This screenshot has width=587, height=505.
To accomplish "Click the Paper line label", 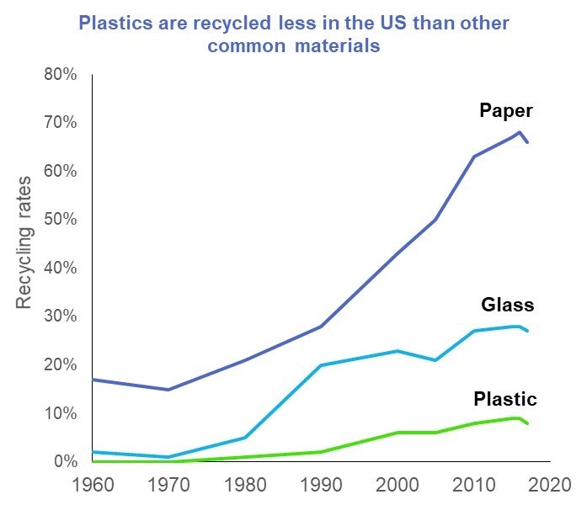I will click(506, 110).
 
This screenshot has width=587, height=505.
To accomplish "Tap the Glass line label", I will click(507, 305).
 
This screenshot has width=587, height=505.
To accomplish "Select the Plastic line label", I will click(505, 398).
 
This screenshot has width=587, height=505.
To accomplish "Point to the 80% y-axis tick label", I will click(60, 74).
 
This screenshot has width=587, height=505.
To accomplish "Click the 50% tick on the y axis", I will click(60, 220).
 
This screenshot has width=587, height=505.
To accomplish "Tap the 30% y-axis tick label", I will click(60, 316).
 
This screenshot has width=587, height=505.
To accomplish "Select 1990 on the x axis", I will click(321, 486).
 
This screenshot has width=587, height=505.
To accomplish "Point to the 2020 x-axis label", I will click(550, 486).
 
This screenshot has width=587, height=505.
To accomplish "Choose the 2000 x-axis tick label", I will click(398, 486).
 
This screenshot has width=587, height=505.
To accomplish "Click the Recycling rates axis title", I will click(24, 242).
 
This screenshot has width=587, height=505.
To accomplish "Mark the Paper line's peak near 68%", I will click(520, 132).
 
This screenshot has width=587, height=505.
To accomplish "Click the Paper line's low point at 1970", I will click(168, 390).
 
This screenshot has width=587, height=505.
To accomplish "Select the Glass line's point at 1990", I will click(321, 365).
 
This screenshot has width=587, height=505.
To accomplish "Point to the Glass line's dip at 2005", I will click(435, 360).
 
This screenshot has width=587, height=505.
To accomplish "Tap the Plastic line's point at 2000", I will click(398, 433).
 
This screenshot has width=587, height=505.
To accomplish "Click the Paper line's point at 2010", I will click(473, 157).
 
